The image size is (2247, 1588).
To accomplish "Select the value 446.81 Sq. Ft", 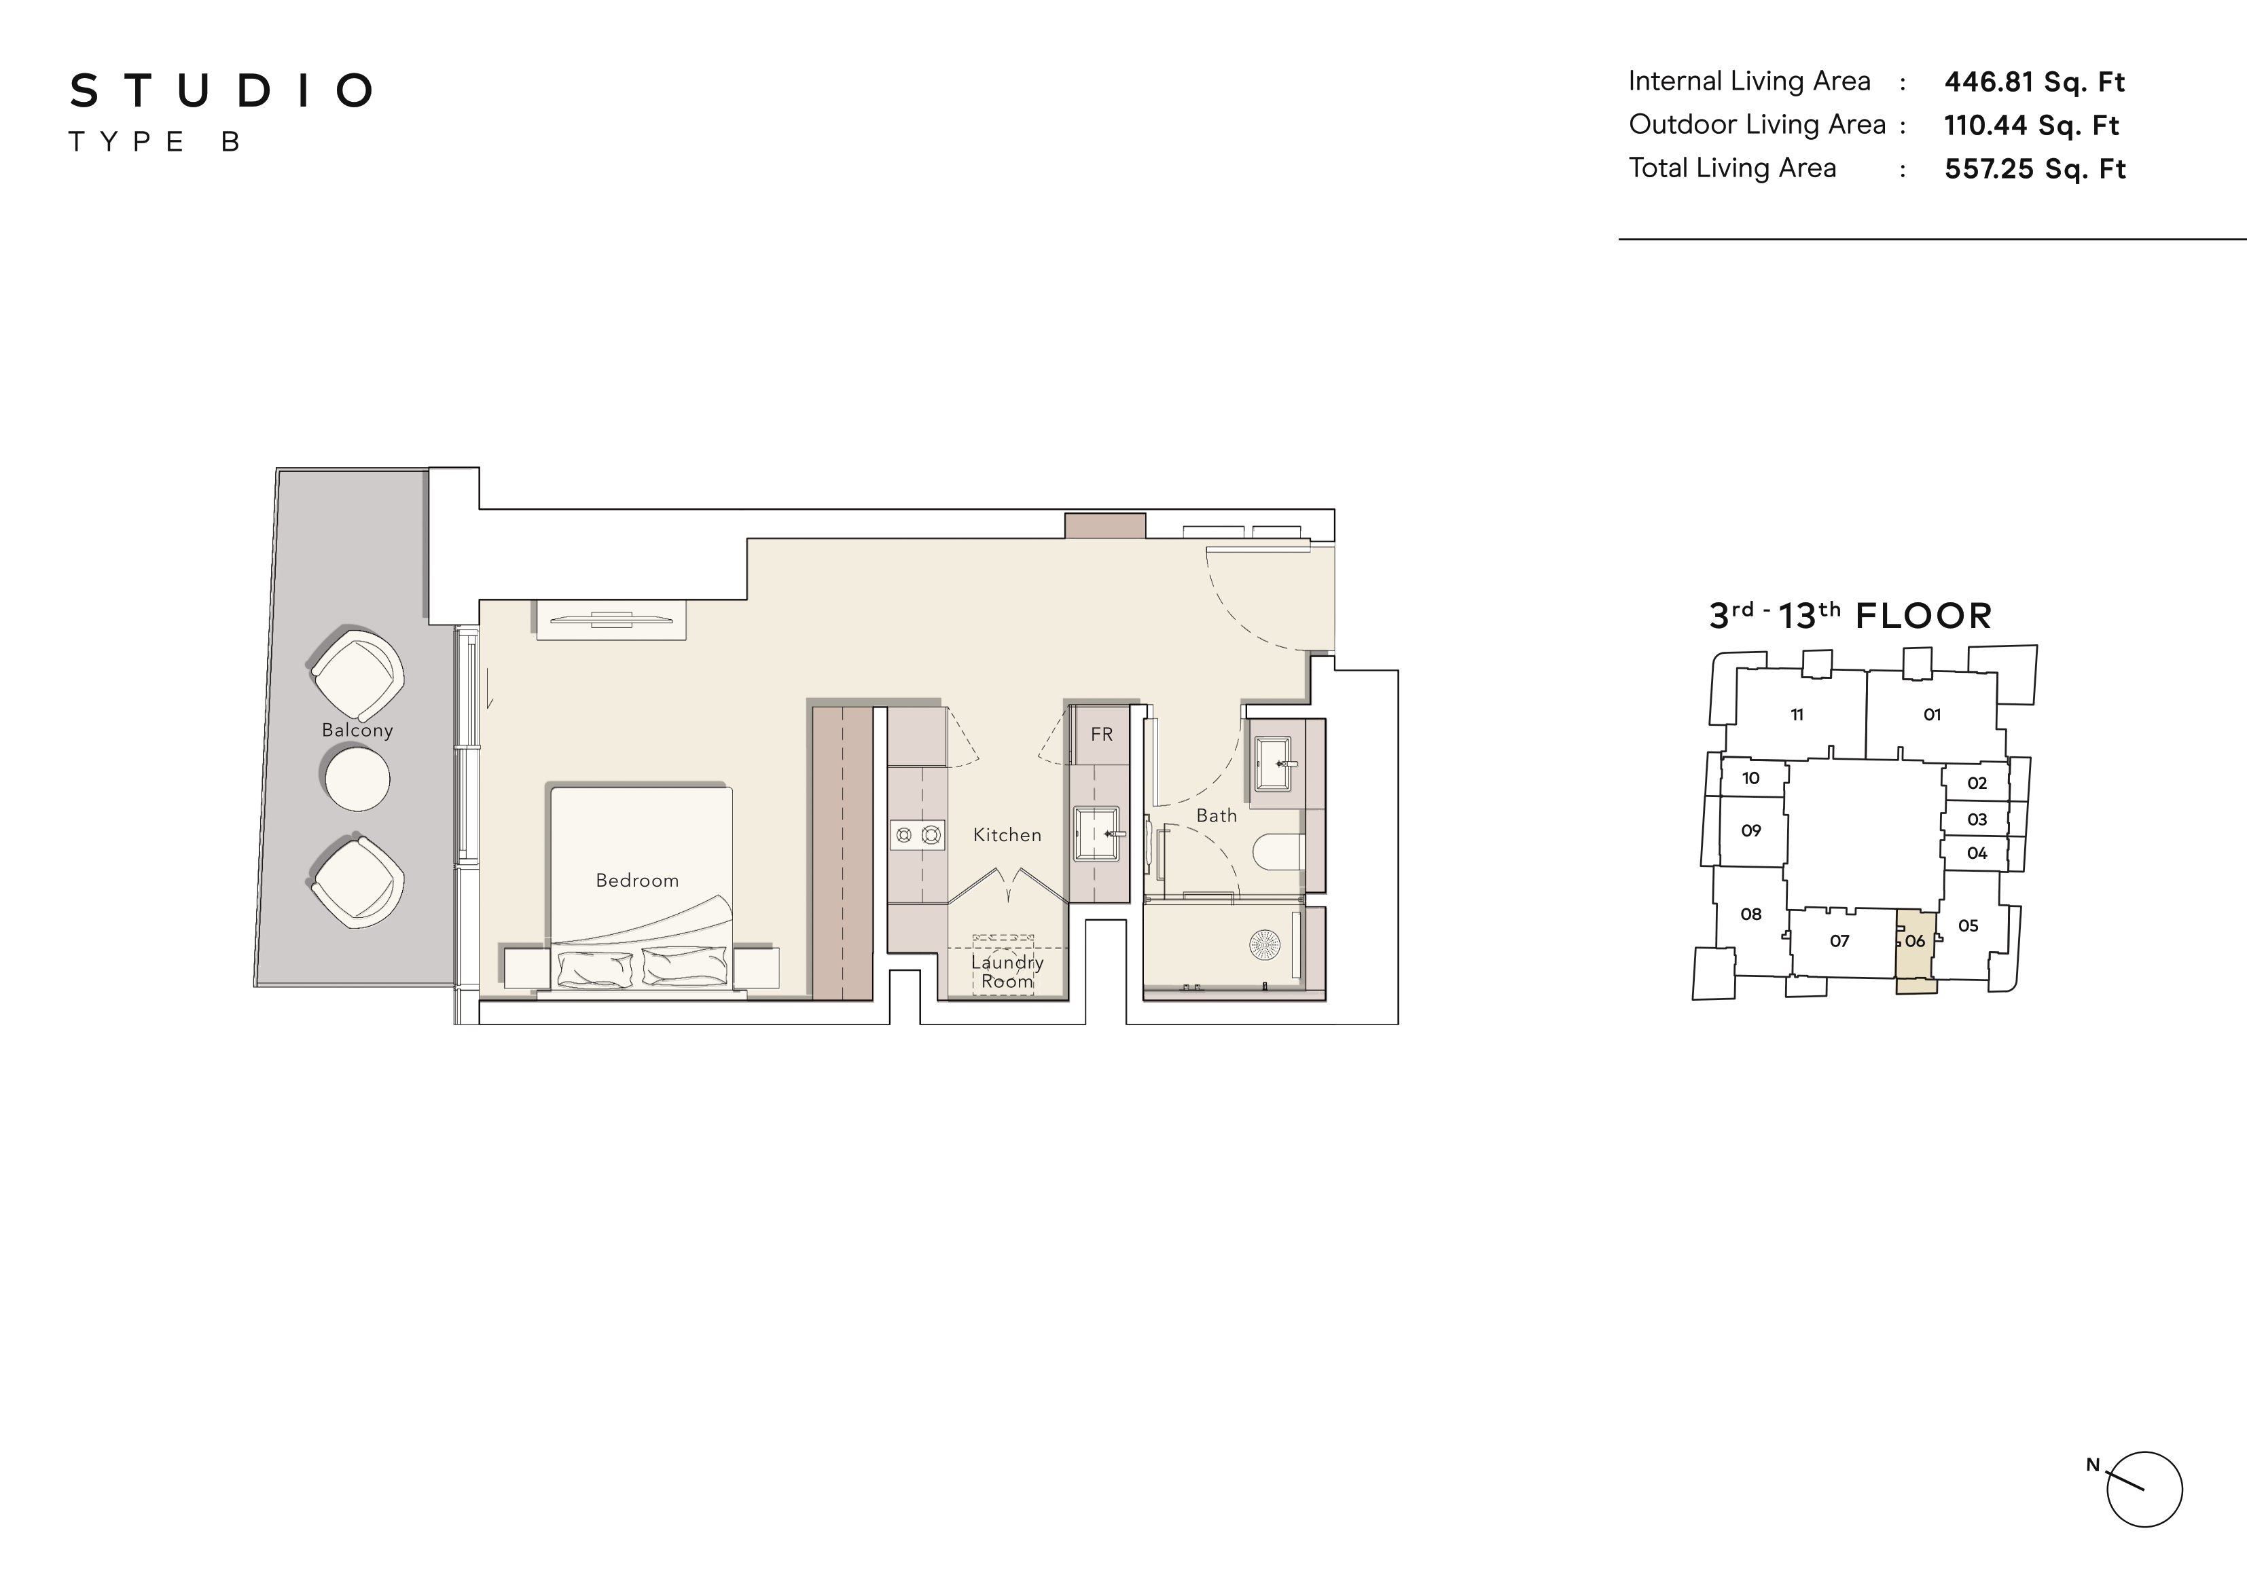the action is point(2034,82).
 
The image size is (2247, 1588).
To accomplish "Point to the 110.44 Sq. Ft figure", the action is point(2032,125).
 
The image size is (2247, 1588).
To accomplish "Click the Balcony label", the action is point(357,730).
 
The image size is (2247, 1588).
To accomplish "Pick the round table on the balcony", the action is point(357,778).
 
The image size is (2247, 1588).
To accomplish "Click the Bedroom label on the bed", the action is point(637,881).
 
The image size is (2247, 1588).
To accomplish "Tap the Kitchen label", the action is point(1007,834).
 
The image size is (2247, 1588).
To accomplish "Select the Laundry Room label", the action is point(1007,972).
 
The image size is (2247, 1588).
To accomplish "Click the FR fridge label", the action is point(1102,734).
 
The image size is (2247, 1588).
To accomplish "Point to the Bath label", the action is point(1217,815).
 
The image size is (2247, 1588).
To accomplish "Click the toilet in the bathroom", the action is point(1278,851).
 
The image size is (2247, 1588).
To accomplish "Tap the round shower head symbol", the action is point(1263,944).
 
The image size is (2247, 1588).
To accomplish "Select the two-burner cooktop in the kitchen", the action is point(918,834).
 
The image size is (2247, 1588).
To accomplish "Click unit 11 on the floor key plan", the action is point(1797,714).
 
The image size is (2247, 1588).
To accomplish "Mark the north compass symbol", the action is point(2142,1489).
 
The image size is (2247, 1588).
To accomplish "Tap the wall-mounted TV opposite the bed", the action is point(611,618).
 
